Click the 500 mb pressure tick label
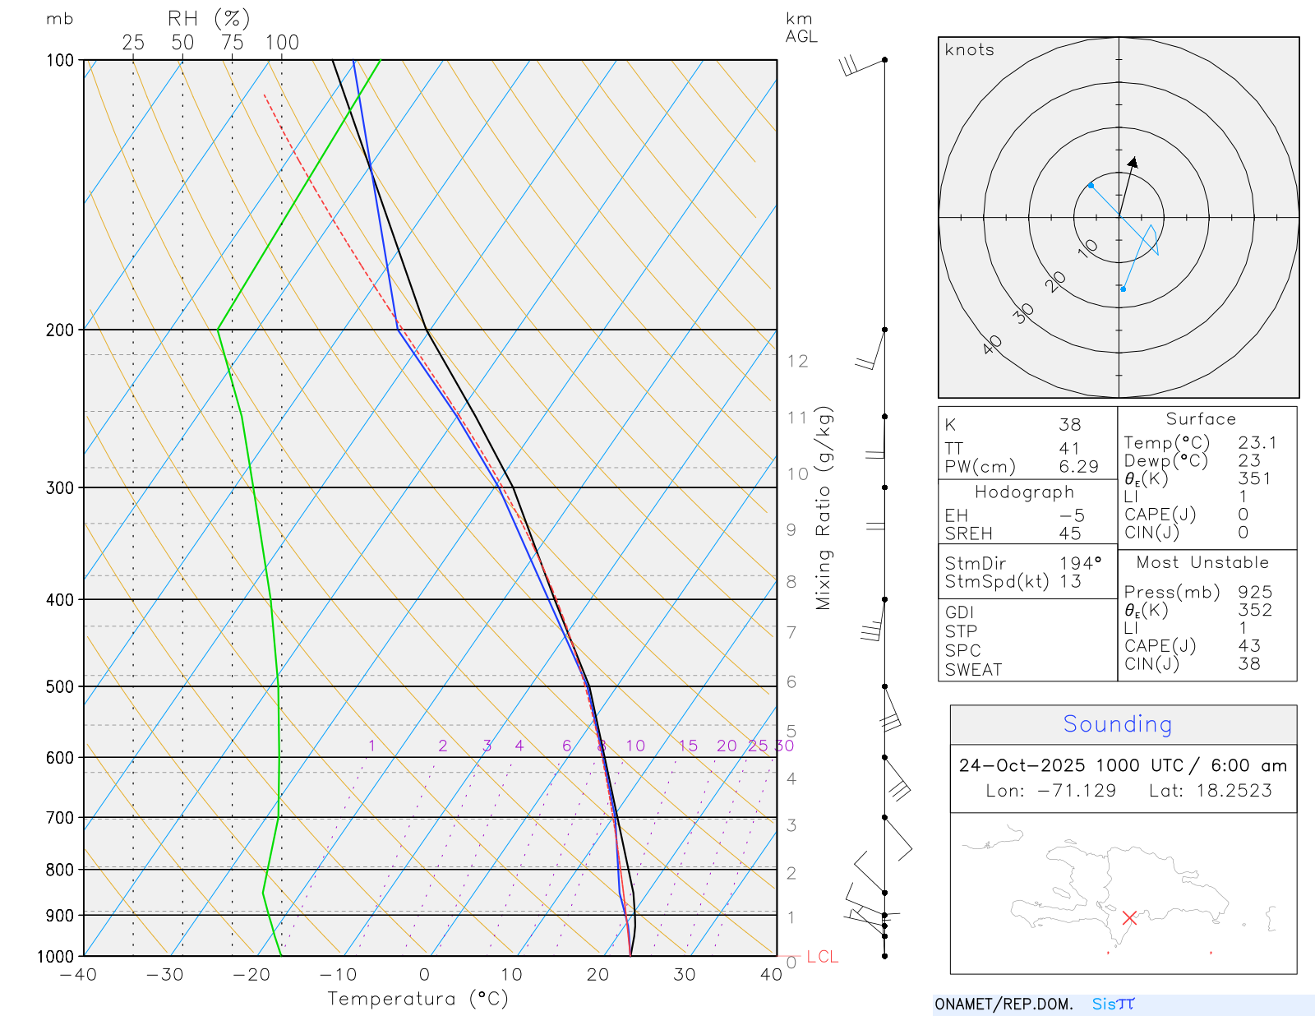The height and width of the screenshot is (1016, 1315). tap(60, 686)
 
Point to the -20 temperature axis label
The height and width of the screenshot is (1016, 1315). tap(251, 975)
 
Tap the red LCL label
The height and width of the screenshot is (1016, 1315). tap(822, 957)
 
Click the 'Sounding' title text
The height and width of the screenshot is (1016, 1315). tap(1117, 724)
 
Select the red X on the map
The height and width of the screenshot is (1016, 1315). tap(1129, 917)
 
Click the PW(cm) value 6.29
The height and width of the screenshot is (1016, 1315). tap(1078, 467)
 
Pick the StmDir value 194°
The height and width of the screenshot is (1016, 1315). tap(1080, 563)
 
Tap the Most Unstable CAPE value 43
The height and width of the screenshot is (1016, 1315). tap(1249, 646)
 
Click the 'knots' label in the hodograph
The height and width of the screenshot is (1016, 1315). tap(969, 50)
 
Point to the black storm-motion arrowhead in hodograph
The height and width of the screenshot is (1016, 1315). tap(1133, 161)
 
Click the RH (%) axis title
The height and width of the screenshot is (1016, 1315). tap(209, 18)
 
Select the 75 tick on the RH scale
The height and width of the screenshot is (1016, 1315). tap(232, 43)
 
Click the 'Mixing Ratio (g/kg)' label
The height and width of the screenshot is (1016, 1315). tap(824, 508)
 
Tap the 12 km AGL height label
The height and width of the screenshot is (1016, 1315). tap(797, 361)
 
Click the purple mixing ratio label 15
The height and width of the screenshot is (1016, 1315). tap(688, 746)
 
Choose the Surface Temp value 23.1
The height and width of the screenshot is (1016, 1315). tap(1257, 443)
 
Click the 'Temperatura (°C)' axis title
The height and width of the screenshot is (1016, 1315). tap(418, 999)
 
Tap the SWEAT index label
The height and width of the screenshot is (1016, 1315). tap(973, 670)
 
